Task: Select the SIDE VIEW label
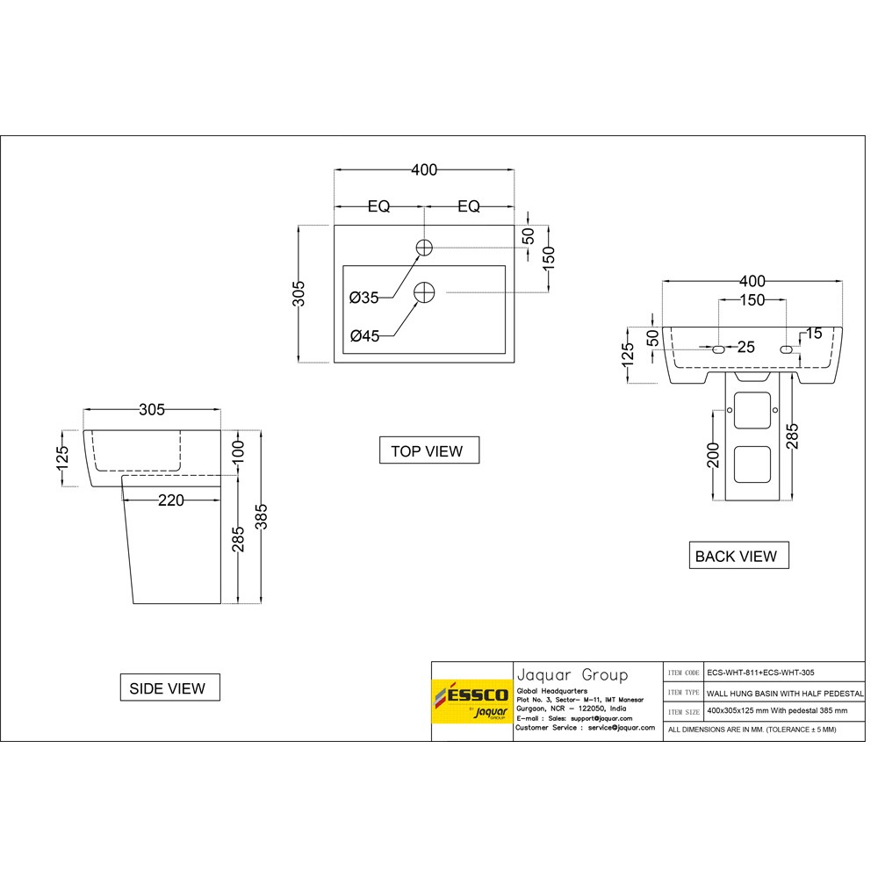tap(169, 688)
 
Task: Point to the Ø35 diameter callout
tap(363, 298)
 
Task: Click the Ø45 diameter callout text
tap(363, 335)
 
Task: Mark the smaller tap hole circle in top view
tap(424, 247)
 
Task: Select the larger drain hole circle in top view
tap(425, 291)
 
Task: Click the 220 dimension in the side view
tap(171, 500)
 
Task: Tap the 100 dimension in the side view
tap(238, 451)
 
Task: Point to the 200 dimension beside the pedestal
tap(713, 455)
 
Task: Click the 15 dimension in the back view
tap(813, 334)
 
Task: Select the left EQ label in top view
tap(378, 206)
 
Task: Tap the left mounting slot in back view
tap(718, 349)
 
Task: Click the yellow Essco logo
tap(471, 702)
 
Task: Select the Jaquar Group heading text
tap(572, 675)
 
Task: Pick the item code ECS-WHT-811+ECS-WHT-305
tap(760, 673)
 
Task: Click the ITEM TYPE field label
tap(683, 692)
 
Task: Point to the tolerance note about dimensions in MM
tap(752, 730)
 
